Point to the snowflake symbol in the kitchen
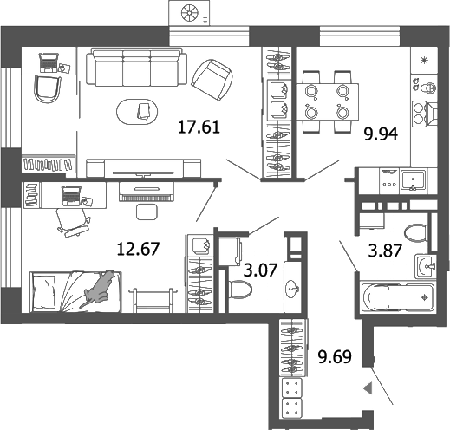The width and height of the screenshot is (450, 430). tap(424, 60)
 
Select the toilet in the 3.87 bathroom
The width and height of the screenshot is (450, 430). tap(415, 231)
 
